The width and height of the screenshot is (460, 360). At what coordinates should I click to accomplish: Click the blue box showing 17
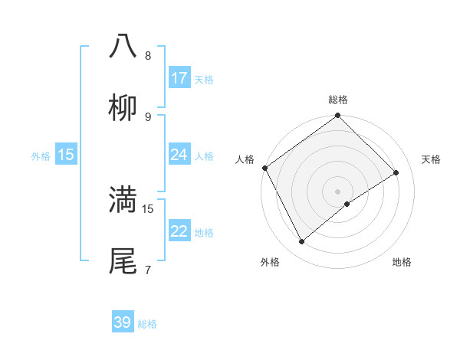point(179,78)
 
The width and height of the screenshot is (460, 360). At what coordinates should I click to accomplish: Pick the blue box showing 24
point(179,155)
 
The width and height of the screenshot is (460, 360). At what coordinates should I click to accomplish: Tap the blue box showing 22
point(179,231)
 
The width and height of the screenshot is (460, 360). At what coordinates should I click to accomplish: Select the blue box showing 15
point(66,155)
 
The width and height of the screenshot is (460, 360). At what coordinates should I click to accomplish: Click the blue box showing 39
point(123,322)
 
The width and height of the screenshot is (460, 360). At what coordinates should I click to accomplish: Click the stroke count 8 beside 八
point(148,56)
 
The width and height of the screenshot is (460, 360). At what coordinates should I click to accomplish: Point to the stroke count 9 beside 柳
point(148,117)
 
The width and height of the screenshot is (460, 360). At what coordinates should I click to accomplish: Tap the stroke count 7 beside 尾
point(148,270)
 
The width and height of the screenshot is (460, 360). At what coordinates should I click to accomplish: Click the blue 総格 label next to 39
point(148,324)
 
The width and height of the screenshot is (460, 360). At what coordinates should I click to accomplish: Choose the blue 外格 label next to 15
point(41,155)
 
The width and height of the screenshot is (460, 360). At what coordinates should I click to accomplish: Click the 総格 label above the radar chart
point(338,100)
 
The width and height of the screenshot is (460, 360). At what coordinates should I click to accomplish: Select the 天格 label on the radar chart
point(432,159)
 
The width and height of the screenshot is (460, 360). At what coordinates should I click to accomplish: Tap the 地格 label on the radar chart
point(402,263)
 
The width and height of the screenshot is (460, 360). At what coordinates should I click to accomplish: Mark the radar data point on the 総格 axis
point(338,116)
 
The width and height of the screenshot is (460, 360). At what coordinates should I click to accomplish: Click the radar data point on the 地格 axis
point(347,204)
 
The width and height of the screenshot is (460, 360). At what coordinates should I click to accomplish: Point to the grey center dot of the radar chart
point(338,191)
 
